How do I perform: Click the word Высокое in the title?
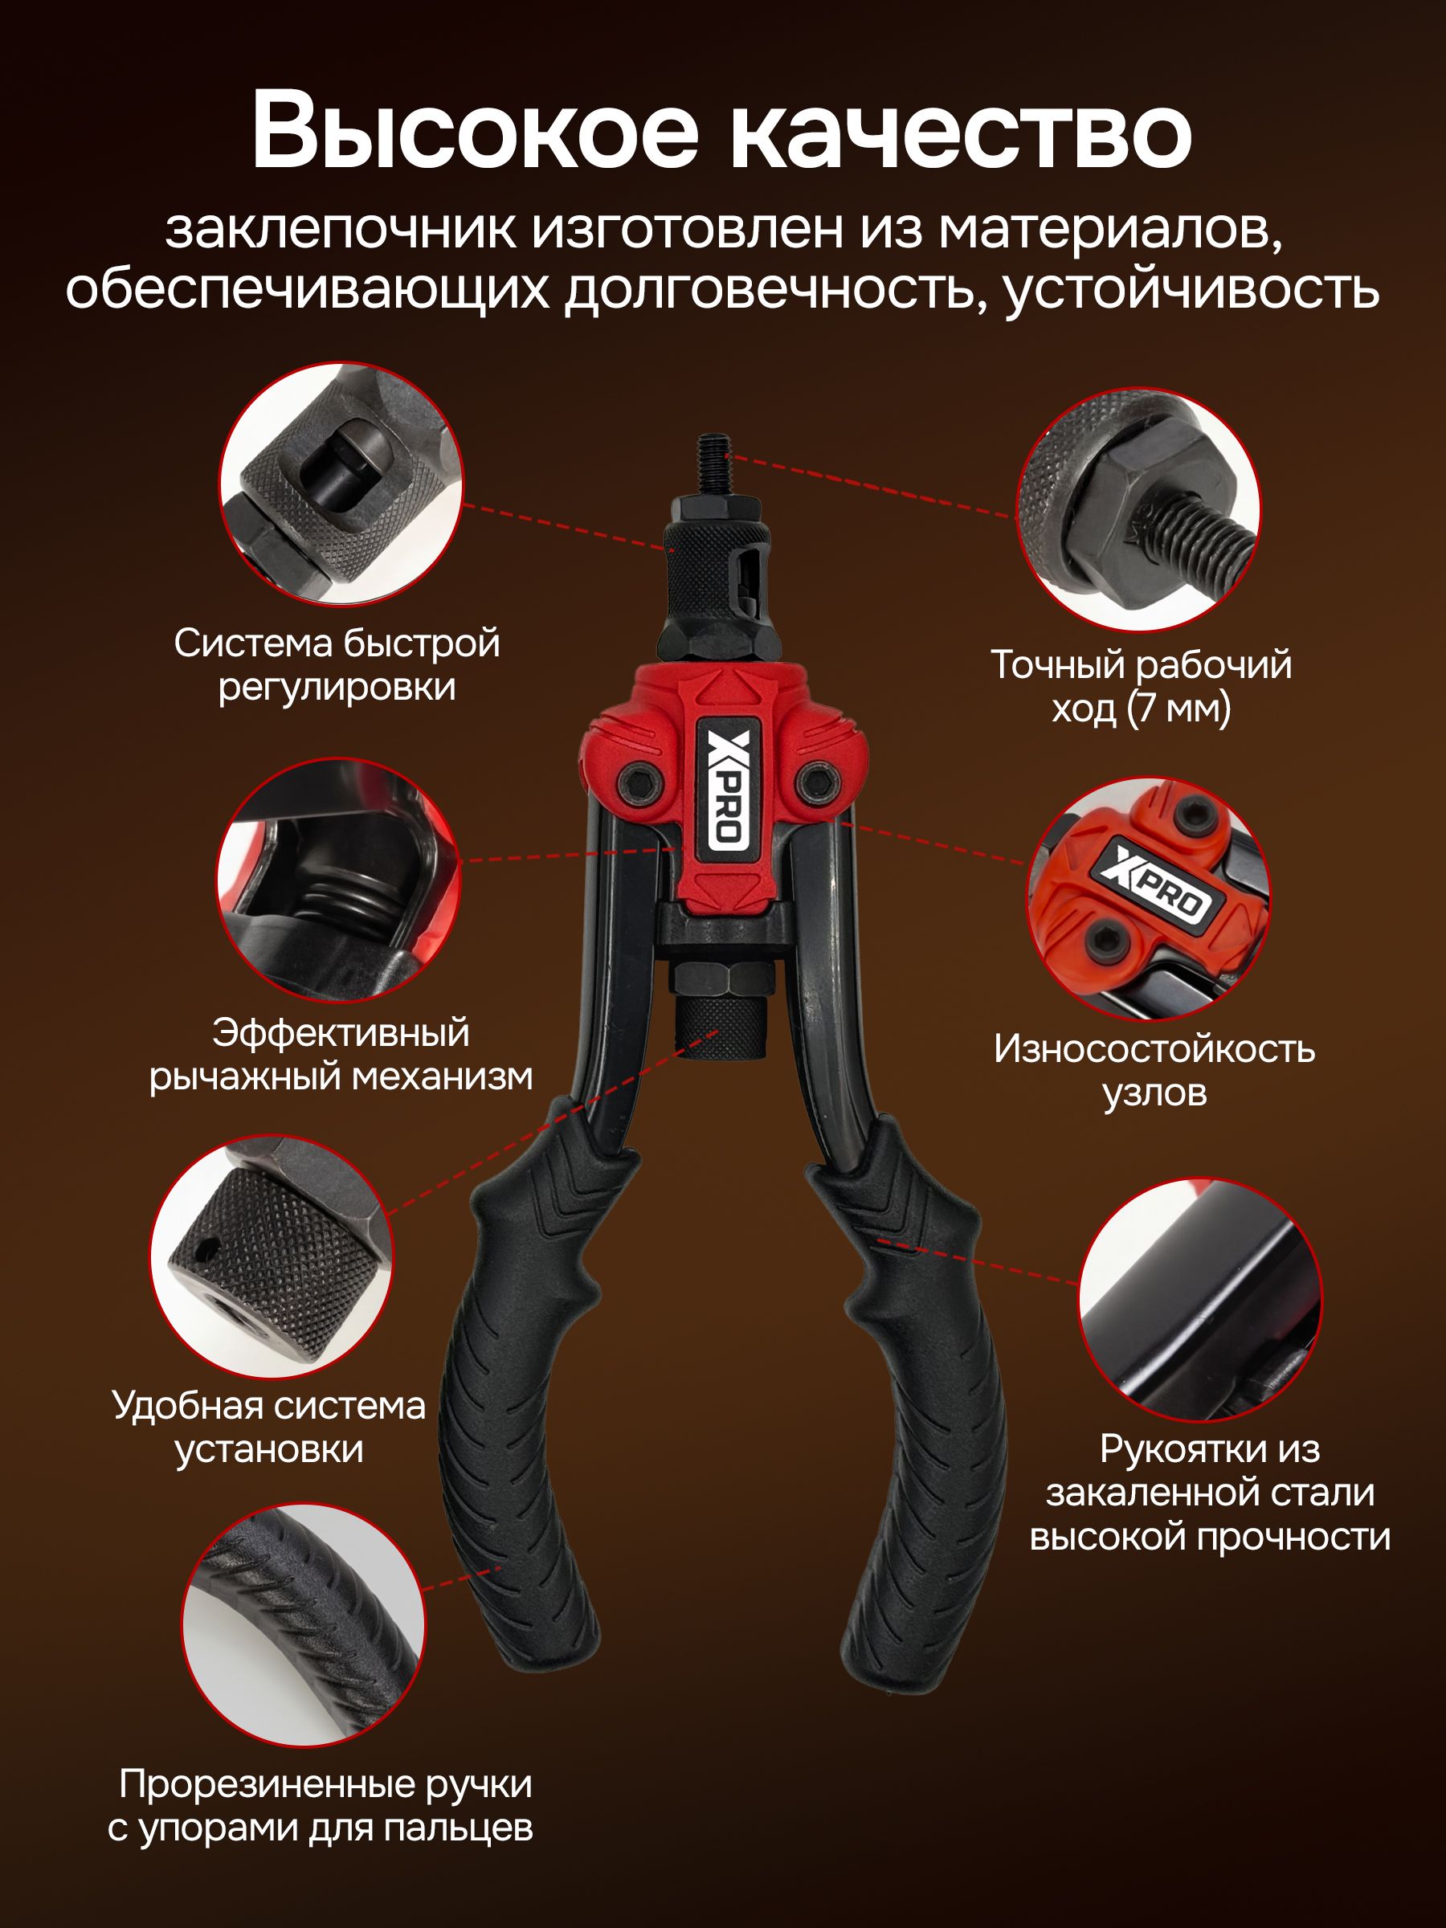coord(475,131)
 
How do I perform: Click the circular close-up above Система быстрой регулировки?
coord(340,484)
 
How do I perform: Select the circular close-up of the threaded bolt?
coord(1138,509)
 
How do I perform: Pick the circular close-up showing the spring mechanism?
coord(338,880)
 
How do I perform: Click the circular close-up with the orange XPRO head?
coord(1149,899)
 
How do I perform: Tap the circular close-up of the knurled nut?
coord(271,1257)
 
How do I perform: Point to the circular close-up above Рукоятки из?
coord(1200,1301)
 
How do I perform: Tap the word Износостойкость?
coord(1154,1049)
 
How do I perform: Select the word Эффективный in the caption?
coord(341,1034)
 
